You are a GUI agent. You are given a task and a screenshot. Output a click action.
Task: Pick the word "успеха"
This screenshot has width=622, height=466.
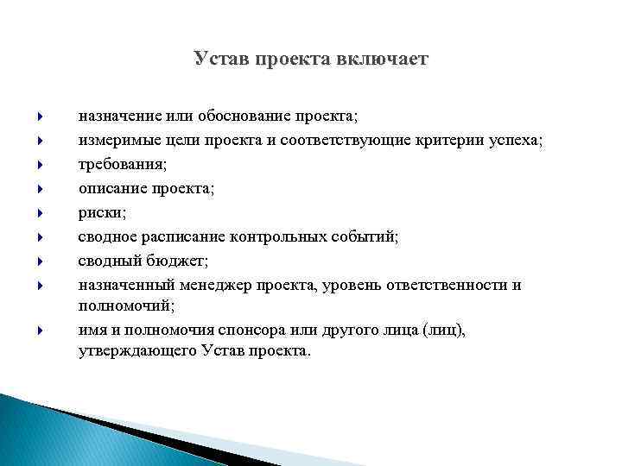[x=516, y=140]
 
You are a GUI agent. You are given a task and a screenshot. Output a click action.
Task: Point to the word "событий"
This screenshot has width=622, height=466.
[x=366, y=236]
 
